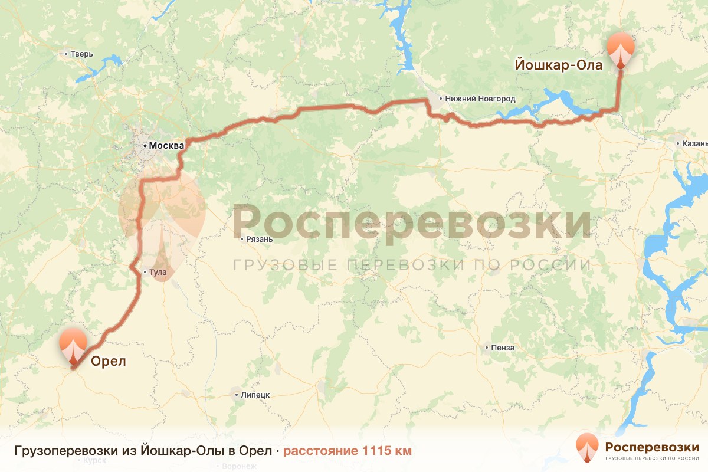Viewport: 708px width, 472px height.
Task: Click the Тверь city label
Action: [x=81, y=54]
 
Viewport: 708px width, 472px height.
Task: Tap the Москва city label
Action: [x=165, y=145]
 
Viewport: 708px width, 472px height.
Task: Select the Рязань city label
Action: [x=260, y=239]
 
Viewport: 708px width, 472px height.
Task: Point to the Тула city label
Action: [x=158, y=273]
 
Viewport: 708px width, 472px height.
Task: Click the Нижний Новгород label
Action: [x=480, y=99]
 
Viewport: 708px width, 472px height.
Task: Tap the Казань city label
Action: [x=694, y=143]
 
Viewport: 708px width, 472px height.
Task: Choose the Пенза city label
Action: [x=503, y=348]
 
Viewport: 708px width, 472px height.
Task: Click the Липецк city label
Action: [x=255, y=395]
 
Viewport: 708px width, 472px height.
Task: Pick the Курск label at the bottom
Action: [x=94, y=460]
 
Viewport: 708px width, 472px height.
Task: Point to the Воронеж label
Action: [x=240, y=466]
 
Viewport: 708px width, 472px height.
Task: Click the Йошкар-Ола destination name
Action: [x=559, y=65]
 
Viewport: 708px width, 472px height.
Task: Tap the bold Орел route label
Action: [x=109, y=361]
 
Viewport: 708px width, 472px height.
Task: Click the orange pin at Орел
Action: [x=73, y=347]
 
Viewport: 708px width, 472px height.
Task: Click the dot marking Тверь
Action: [x=66, y=54]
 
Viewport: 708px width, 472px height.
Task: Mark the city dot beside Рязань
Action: [x=242, y=239]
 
